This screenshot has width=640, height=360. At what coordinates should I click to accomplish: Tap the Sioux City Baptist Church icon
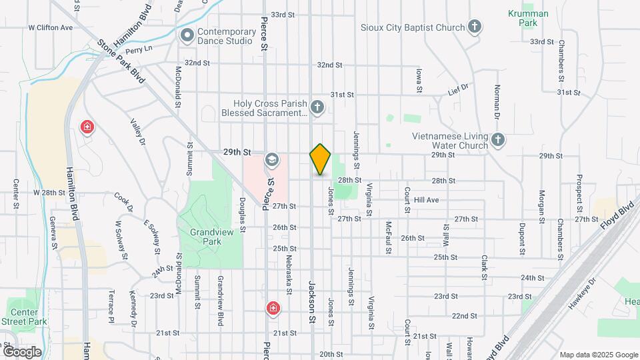click(475, 27)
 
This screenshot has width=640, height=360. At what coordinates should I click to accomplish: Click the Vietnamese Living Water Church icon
click(498, 140)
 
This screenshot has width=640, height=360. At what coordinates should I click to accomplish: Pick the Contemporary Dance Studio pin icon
click(187, 35)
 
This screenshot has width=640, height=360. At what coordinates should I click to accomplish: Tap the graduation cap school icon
click(272, 159)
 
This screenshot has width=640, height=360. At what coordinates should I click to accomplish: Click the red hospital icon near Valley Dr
click(86, 127)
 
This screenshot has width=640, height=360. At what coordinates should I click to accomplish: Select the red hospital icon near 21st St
click(273, 308)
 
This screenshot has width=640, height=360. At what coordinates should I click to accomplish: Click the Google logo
click(22, 351)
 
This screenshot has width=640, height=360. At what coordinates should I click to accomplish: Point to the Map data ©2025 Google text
click(599, 355)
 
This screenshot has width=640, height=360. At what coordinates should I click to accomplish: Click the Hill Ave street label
click(426, 200)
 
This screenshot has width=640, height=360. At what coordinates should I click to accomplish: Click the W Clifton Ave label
click(50, 28)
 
